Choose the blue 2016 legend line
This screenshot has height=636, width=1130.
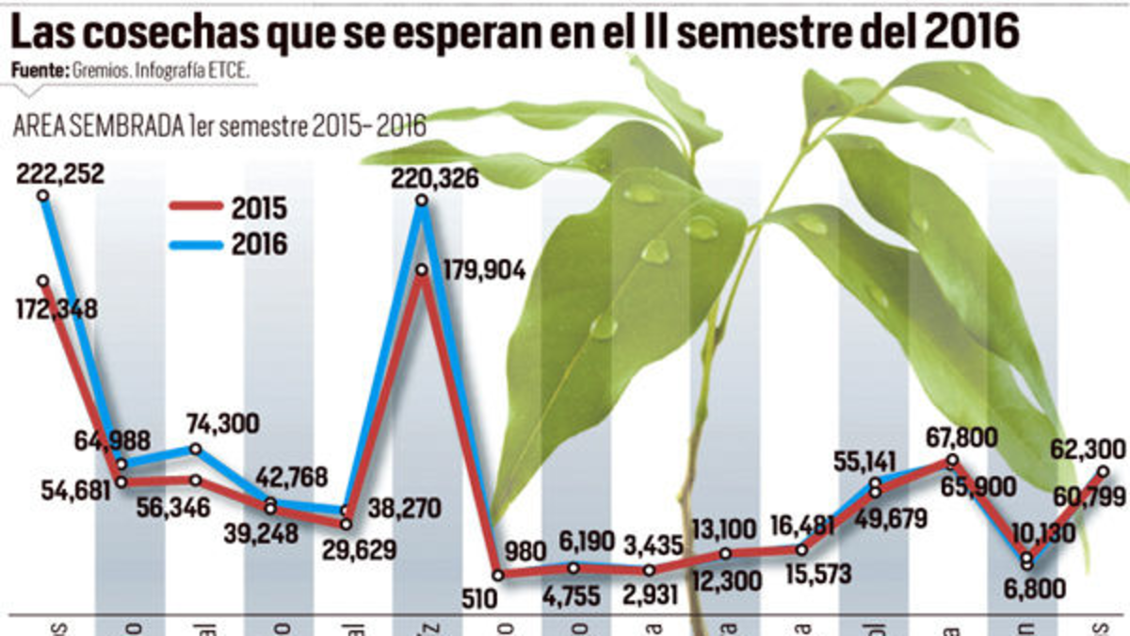(195, 245)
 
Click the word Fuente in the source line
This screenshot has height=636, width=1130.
(40, 72)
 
